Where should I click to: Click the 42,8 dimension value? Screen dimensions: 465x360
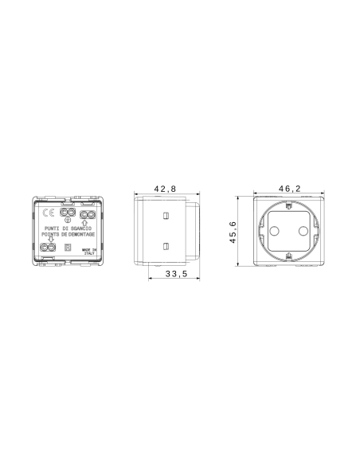[x=165, y=189]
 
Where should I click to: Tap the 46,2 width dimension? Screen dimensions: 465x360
[x=288, y=189]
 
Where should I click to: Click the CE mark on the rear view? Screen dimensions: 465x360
[x=47, y=213]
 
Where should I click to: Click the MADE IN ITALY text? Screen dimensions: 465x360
[x=88, y=251]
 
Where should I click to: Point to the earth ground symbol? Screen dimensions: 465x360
[x=68, y=221]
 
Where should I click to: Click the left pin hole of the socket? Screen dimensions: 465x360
[x=275, y=231]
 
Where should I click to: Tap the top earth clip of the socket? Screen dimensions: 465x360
[x=288, y=206]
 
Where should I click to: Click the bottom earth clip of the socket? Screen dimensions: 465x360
[x=288, y=256]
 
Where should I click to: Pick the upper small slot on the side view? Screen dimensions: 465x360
[x=166, y=217]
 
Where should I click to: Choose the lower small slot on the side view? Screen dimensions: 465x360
[x=166, y=245]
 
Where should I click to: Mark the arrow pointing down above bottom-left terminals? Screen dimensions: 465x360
[x=51, y=240]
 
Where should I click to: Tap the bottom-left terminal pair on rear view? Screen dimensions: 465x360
[x=49, y=248]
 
